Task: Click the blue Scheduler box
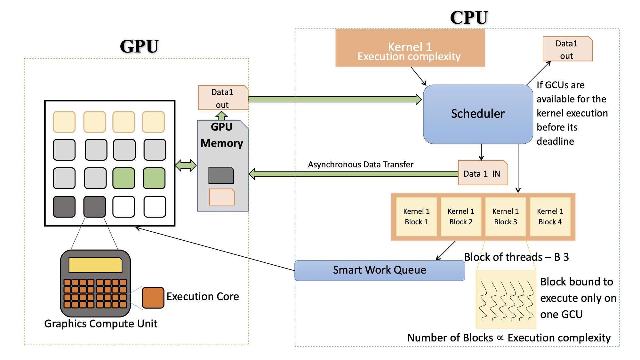pos(478,114)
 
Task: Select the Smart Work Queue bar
pos(380,270)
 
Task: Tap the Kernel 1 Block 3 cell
pos(506,217)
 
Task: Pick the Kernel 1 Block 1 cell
pos(416,217)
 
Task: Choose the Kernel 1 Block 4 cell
pos(550,217)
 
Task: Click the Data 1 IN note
pos(483,173)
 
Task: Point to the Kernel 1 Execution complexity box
pos(410,48)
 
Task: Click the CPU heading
pos(469,18)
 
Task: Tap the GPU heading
pos(139,46)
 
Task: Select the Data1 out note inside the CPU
pos(567,49)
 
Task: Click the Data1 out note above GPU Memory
pos(223,98)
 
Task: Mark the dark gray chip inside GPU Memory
pos(221,175)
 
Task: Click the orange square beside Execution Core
pos(153,298)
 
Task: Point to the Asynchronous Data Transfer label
pos(361,164)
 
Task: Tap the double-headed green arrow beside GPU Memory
pos(186,165)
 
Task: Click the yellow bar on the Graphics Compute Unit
pos(95,265)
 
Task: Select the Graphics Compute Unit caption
pos(101,324)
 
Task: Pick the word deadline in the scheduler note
pos(555,141)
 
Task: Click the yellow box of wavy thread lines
pos(506,300)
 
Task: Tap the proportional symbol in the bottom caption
pos(500,338)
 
